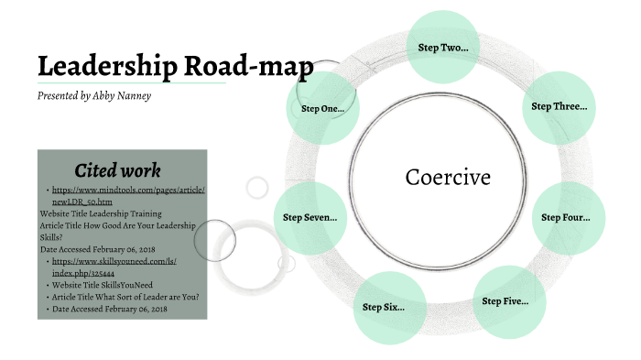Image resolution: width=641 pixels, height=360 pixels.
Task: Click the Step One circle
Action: [321, 109]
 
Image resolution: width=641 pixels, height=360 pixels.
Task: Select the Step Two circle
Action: [442, 47]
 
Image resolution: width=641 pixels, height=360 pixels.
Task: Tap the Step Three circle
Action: [559, 106]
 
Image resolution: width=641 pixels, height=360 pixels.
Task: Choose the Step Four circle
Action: [565, 217]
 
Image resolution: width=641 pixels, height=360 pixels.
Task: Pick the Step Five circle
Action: [505, 300]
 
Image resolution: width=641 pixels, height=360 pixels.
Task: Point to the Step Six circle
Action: [384, 307]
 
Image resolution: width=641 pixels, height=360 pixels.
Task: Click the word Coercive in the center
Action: [448, 177]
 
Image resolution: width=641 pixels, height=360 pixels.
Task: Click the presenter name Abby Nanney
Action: [122, 96]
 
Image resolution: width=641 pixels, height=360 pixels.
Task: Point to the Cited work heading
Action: [117, 169]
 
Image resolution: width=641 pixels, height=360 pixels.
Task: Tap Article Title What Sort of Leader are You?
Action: [126, 297]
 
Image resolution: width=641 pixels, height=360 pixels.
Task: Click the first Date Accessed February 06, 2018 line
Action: [103, 248]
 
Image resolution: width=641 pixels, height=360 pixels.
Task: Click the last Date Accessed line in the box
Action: [110, 310]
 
